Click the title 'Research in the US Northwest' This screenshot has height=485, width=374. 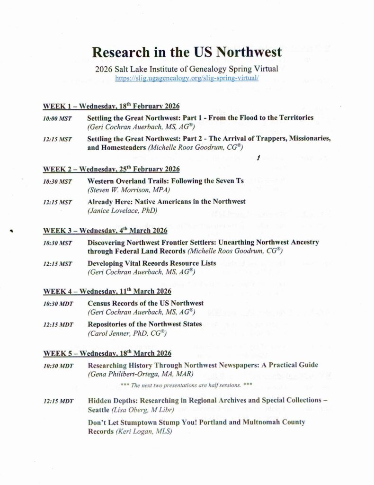click(x=187, y=51)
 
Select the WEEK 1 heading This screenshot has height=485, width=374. click(x=111, y=106)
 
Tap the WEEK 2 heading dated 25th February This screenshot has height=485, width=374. click(x=111, y=169)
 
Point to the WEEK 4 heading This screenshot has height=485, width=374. click(x=107, y=291)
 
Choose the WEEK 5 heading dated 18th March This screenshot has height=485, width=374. click(x=107, y=353)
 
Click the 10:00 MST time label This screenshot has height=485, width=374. click(x=57, y=118)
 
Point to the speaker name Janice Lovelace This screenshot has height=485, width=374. click(x=122, y=210)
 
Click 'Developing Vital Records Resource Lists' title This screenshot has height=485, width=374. click(x=151, y=263)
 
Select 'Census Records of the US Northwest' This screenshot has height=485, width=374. click(x=146, y=303)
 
